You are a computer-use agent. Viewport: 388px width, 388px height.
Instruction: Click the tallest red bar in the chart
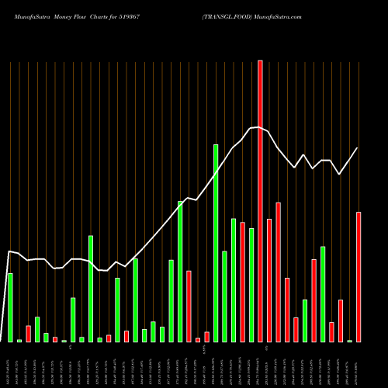pos(260,202)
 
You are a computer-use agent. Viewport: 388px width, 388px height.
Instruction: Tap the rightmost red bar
pos(359,276)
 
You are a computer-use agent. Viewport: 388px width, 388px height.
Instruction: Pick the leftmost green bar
pos(10,307)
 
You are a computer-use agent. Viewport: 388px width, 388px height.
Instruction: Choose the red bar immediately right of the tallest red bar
pos(269,280)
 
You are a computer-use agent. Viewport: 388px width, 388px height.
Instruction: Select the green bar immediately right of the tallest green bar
pos(225,296)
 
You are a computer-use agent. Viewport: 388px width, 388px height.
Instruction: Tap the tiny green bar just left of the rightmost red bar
pos(350,341)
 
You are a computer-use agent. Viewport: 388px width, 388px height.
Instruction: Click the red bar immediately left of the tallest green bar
pos(207,337)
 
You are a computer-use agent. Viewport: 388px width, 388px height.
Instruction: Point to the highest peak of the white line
pos(258,127)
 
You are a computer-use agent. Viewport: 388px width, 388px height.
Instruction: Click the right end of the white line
pos(358,147)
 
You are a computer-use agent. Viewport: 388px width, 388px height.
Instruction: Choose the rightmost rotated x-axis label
pos(359,365)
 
